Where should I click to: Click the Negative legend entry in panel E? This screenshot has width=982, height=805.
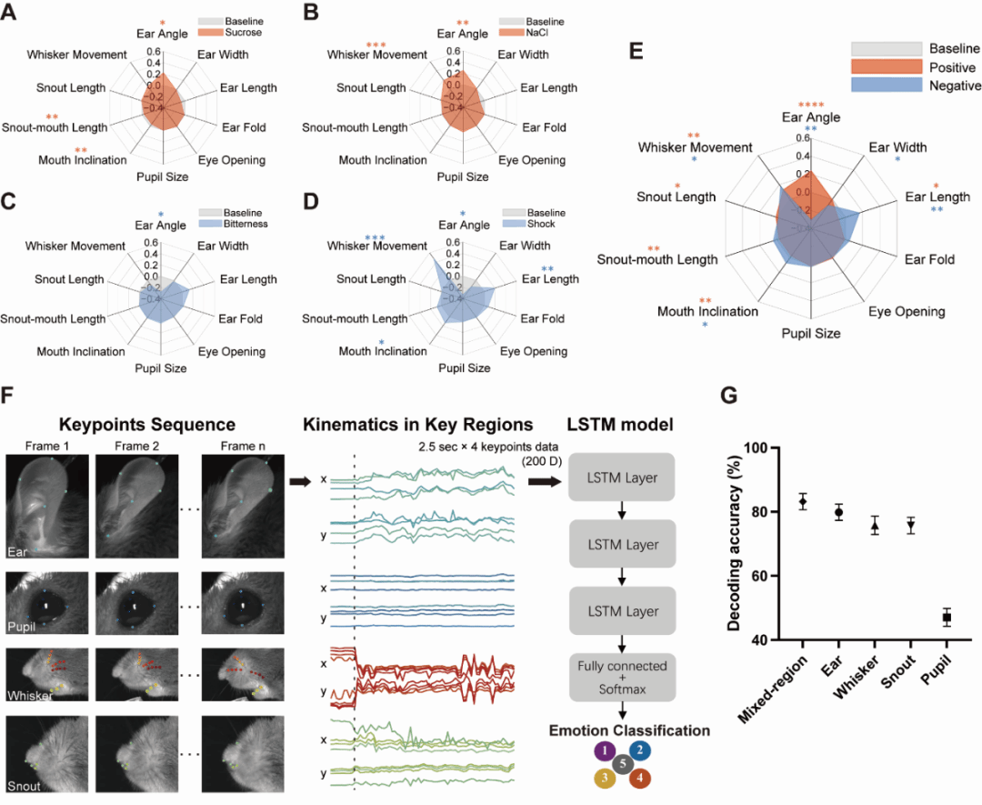pos(954,86)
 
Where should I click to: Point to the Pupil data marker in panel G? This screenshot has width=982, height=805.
pos(947,618)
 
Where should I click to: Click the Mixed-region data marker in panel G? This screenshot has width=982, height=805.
pos(803,502)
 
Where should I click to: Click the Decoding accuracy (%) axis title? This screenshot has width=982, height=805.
pos(734,544)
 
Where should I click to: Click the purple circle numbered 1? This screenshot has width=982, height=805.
pos(602,750)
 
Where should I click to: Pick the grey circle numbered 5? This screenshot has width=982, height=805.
pos(622,763)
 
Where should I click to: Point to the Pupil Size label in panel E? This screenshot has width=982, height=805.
pos(811,333)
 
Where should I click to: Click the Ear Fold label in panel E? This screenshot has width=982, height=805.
pos(929,259)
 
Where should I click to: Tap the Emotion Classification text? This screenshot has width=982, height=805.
pos(622,730)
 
